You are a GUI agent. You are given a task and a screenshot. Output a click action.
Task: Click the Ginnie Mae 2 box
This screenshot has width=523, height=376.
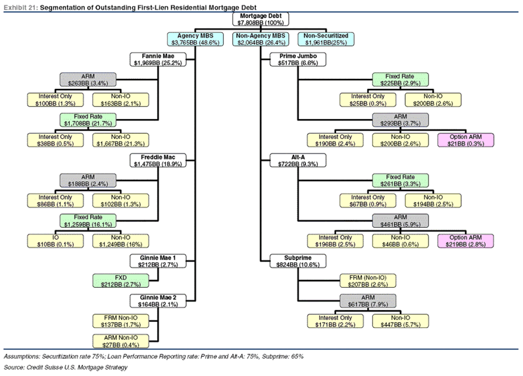coord(157,300)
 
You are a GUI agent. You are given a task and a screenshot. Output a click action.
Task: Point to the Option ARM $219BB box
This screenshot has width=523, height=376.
coord(465,240)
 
